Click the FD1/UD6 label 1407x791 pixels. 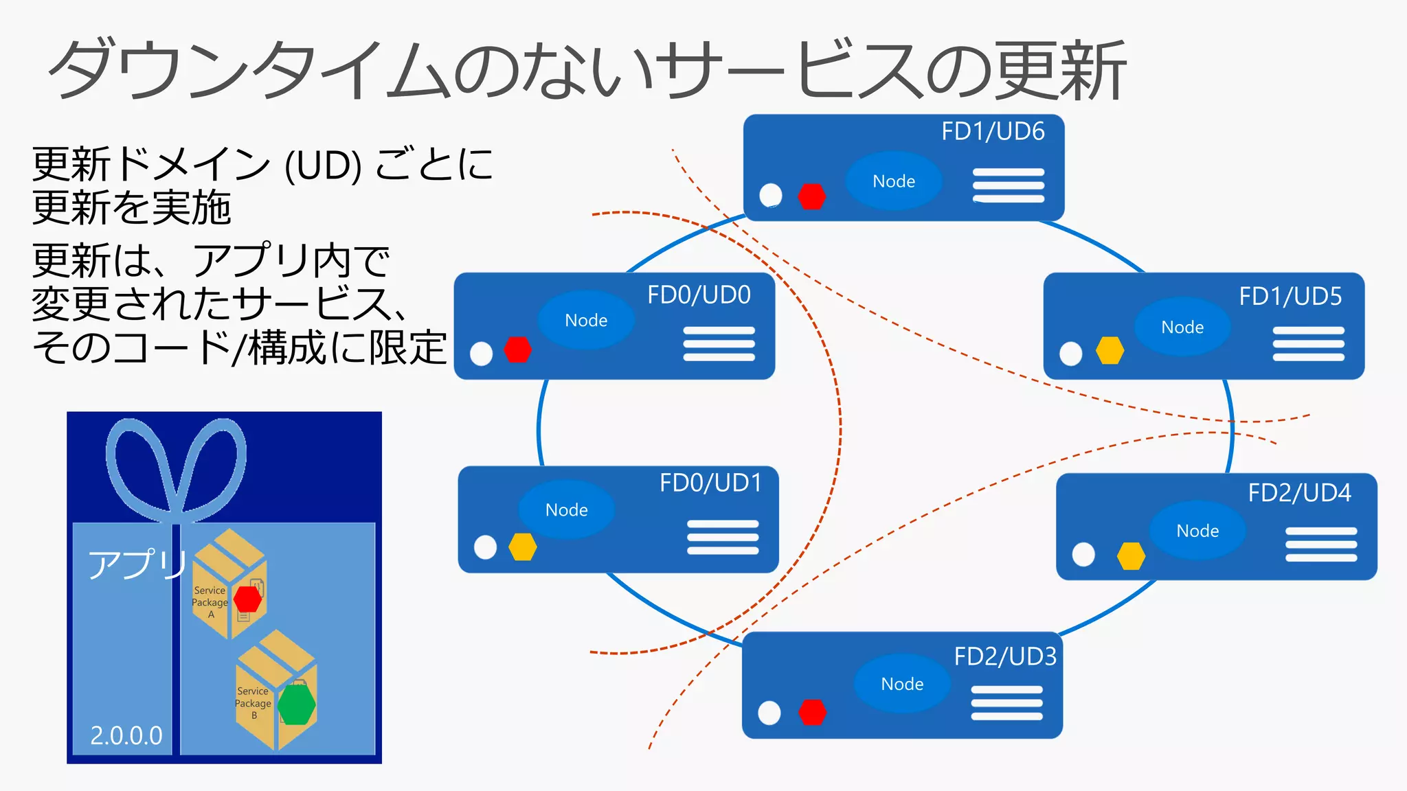point(992,131)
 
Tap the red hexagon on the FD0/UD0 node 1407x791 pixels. point(517,349)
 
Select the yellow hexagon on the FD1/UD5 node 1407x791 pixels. point(1110,350)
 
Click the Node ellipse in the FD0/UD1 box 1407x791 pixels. point(566,509)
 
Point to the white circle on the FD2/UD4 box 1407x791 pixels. point(1083,554)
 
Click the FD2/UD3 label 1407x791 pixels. point(1004,656)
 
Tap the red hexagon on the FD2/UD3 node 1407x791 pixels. point(812,712)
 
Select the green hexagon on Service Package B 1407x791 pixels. point(297,704)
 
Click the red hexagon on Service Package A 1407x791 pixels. point(247,599)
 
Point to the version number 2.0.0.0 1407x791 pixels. point(126,735)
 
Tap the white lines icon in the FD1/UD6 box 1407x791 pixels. point(1008,185)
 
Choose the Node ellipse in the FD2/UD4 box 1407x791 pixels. point(1197,530)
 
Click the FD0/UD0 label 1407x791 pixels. point(699,295)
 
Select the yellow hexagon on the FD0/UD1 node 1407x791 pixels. point(522,547)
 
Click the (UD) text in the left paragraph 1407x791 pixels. point(323,166)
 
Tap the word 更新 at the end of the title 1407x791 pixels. point(1061,71)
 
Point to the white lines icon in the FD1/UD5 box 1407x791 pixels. point(1308,343)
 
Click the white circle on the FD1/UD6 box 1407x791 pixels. point(770,195)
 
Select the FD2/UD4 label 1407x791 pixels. point(1298,492)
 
